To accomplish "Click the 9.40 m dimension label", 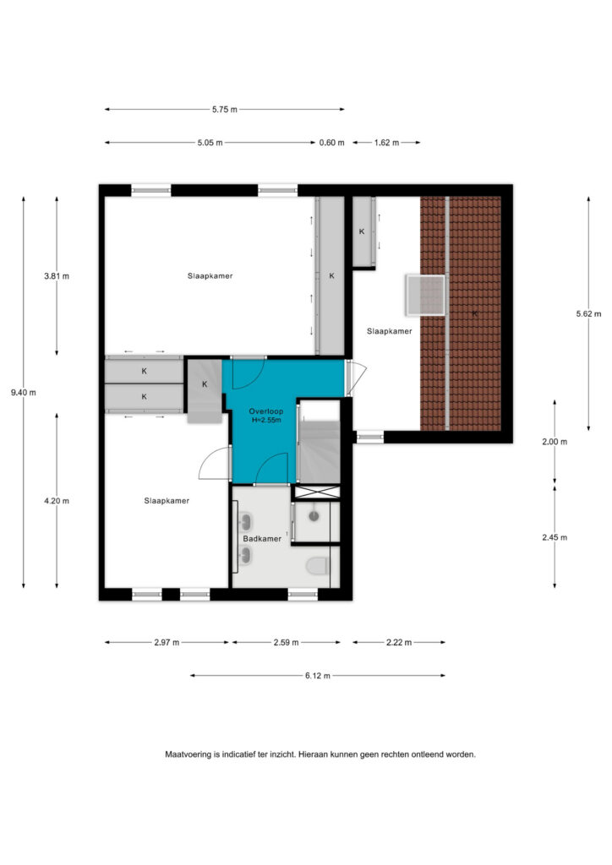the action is tap(23, 393).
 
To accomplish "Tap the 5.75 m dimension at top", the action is tap(225, 109).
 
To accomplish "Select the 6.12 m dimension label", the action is tap(317, 675).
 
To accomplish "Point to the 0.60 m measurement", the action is tap(331, 142).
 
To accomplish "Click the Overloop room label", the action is tap(266, 411).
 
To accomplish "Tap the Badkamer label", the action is tap(262, 538).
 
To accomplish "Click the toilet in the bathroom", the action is tap(318, 565).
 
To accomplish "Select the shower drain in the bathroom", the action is tap(314, 516).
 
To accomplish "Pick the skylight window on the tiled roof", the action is tap(425, 295).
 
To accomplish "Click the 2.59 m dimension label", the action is tap(286, 642).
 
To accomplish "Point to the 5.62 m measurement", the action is tap(588, 313).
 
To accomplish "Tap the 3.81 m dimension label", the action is tap(57, 276).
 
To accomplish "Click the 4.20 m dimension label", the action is tap(57, 501).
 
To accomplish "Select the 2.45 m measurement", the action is tap(555, 537).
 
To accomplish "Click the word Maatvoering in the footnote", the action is tap(188, 754).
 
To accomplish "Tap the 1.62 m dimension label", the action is tap(386, 142).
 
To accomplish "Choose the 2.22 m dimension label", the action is tap(398, 642).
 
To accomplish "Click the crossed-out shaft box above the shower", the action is tap(317, 492).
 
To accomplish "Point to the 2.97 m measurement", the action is tap(167, 642).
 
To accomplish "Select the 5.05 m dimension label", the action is tap(210, 142).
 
